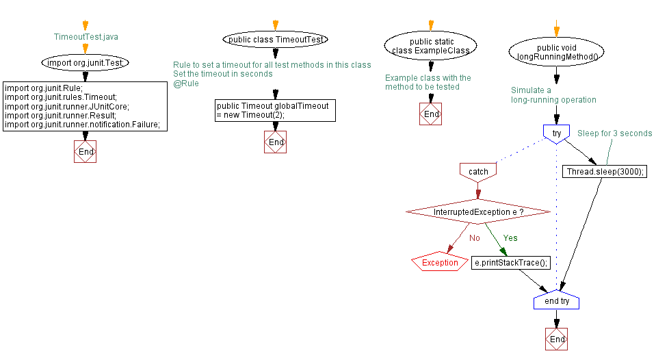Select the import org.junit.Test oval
[86, 63]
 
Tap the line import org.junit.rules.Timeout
[61, 97]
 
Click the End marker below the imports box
[86, 151]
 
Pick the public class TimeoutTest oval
[276, 40]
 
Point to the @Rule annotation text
[186, 83]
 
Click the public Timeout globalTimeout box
[275, 111]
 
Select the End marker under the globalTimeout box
[275, 142]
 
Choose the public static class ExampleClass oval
[431, 47]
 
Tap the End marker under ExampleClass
[431, 114]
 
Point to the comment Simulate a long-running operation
[553, 95]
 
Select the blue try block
[557, 133]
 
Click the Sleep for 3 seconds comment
[614, 133]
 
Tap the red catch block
[479, 171]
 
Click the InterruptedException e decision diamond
[478, 212]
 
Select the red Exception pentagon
[440, 262]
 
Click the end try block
[556, 301]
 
